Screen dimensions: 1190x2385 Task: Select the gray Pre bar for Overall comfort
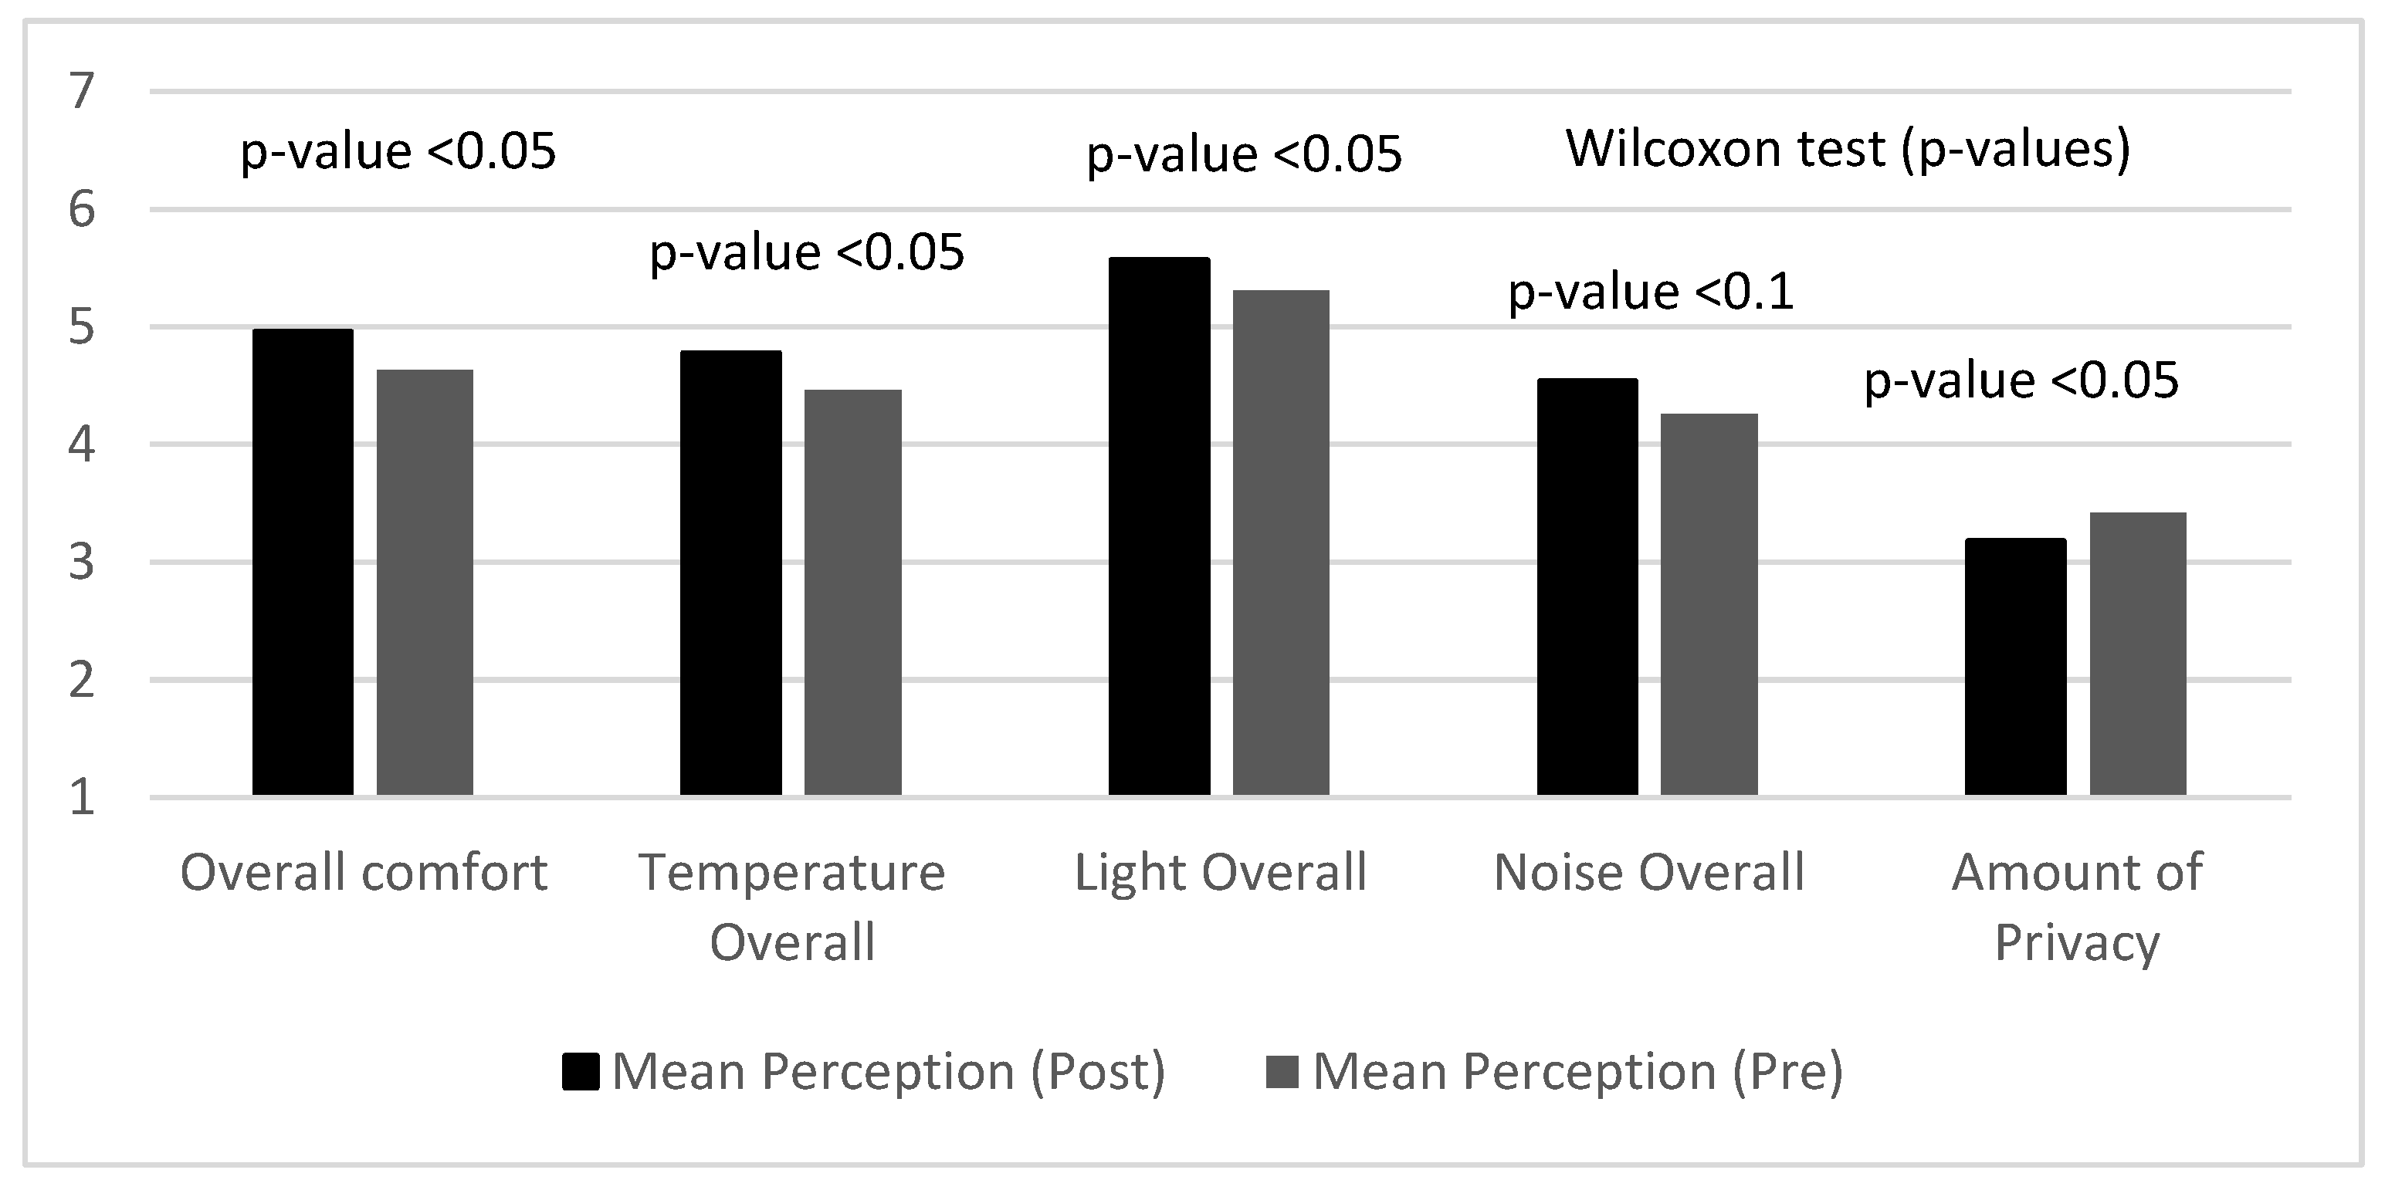coord(425,582)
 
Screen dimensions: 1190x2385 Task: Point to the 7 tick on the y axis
coord(82,92)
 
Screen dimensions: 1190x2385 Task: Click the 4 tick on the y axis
coord(82,445)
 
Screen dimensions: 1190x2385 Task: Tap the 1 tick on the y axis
coord(82,798)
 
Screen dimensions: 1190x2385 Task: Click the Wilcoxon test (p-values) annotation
coord(1848,149)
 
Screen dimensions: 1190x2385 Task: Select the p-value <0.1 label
coord(1651,292)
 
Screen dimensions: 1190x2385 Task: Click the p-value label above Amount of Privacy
coord(2021,381)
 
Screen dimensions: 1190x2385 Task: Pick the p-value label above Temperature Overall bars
coord(806,252)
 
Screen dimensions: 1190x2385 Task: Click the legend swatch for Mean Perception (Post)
coord(581,1072)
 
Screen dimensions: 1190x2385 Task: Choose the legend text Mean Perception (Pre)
coord(1577,1072)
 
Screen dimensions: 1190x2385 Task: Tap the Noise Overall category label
coord(1649,873)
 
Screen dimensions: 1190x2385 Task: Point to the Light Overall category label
coord(1220,873)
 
